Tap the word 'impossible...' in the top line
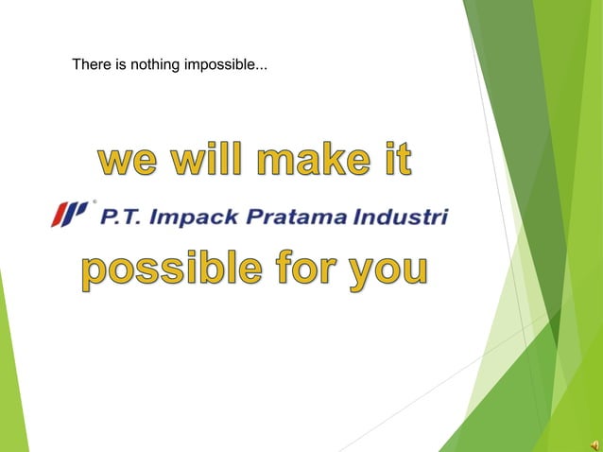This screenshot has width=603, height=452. tap(227, 66)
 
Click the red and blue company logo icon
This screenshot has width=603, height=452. tap(68, 214)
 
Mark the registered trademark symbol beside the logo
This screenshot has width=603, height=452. tap(93, 201)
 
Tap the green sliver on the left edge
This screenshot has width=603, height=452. tap(10, 378)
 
